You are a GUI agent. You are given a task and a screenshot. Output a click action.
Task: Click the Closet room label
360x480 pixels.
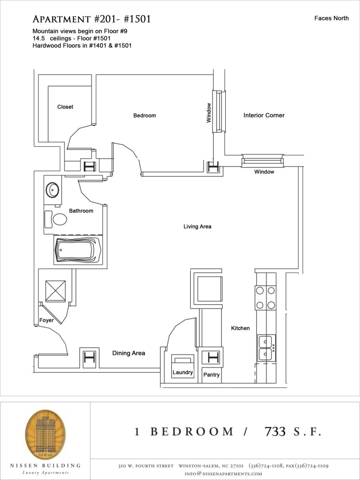coord(65,107)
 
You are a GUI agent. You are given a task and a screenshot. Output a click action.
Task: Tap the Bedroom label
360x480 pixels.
coord(144,115)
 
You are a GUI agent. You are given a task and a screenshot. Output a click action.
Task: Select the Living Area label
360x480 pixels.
coord(197,226)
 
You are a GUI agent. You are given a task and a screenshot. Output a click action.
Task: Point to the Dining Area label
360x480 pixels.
coord(128,353)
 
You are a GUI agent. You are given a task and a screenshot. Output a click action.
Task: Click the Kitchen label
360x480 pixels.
coord(240,328)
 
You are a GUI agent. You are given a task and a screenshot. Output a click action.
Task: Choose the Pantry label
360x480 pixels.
coord(211,375)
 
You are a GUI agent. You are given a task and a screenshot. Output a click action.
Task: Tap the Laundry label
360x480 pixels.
coord(182,372)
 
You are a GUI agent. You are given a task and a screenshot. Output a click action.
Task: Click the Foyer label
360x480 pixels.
coord(46,320)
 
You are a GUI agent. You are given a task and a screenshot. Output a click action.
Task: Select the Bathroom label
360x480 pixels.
coord(81,211)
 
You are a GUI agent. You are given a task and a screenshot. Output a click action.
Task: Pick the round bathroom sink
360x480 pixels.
coord(52,189)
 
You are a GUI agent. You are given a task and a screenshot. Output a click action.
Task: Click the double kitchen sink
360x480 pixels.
coord(266,348)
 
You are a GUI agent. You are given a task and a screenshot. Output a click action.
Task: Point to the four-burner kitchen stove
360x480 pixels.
coord(266,297)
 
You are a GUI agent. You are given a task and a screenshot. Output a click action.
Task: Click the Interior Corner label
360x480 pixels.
coord(264,115)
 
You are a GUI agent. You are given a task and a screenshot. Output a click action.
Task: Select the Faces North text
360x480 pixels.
coord(331,18)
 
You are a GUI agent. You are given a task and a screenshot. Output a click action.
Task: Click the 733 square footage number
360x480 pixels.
coord(275,432)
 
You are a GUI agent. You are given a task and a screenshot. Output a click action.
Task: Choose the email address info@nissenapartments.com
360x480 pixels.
coord(223,474)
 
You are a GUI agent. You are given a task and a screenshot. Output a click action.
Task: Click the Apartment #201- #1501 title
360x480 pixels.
coord(92,19)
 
